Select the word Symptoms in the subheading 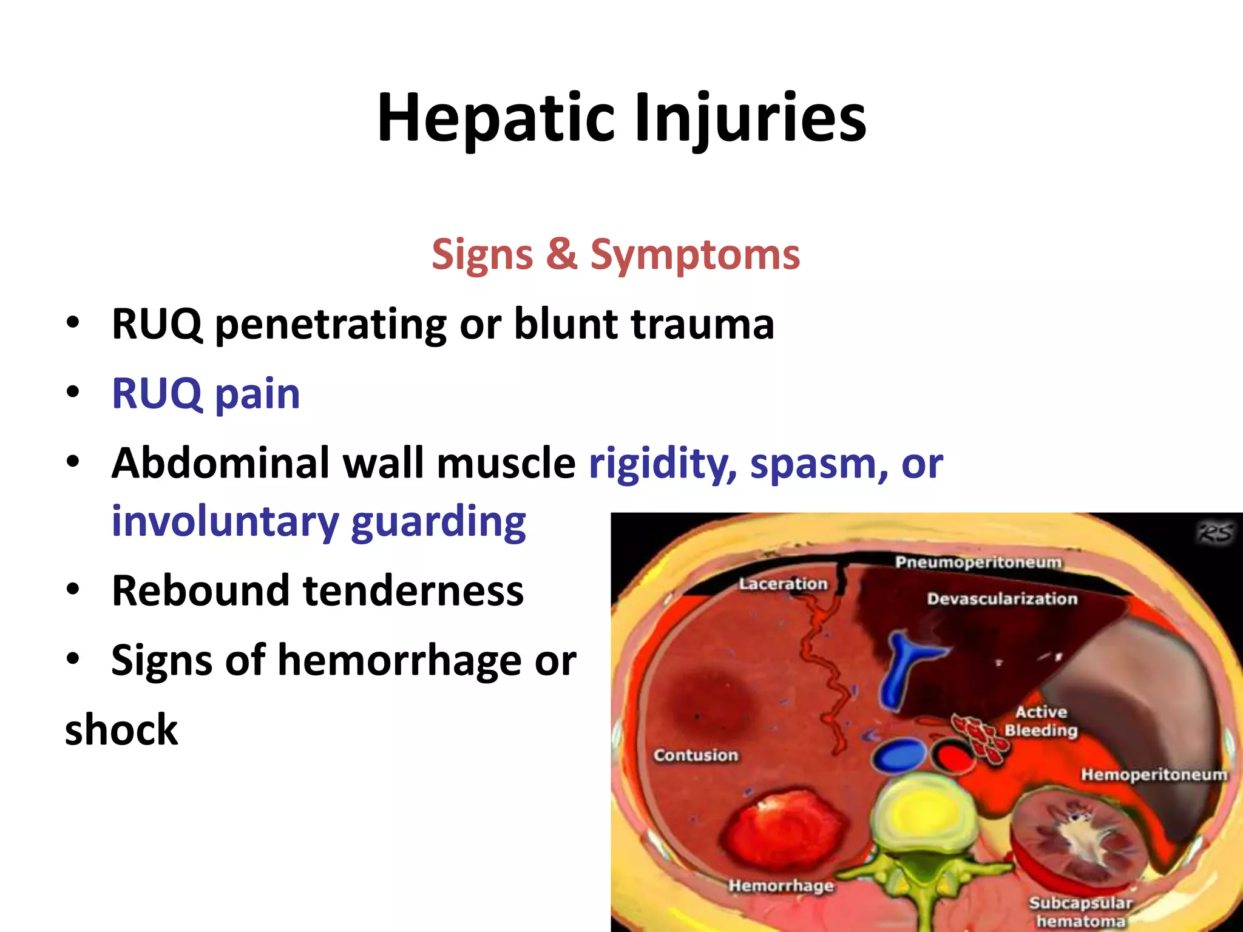pyautogui.click(x=695, y=255)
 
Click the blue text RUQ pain pyautogui.click(x=206, y=394)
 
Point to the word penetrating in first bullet pyautogui.click(x=331, y=325)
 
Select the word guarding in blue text pyautogui.click(x=438, y=522)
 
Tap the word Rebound pyautogui.click(x=201, y=590)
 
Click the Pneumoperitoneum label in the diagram pyautogui.click(x=978, y=562)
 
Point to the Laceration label pyautogui.click(x=783, y=584)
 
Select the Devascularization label pyautogui.click(x=1002, y=599)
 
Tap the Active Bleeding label pyautogui.click(x=1041, y=721)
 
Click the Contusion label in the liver pyautogui.click(x=696, y=755)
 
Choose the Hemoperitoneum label pyautogui.click(x=1154, y=775)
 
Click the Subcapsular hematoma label pyautogui.click(x=1080, y=912)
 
